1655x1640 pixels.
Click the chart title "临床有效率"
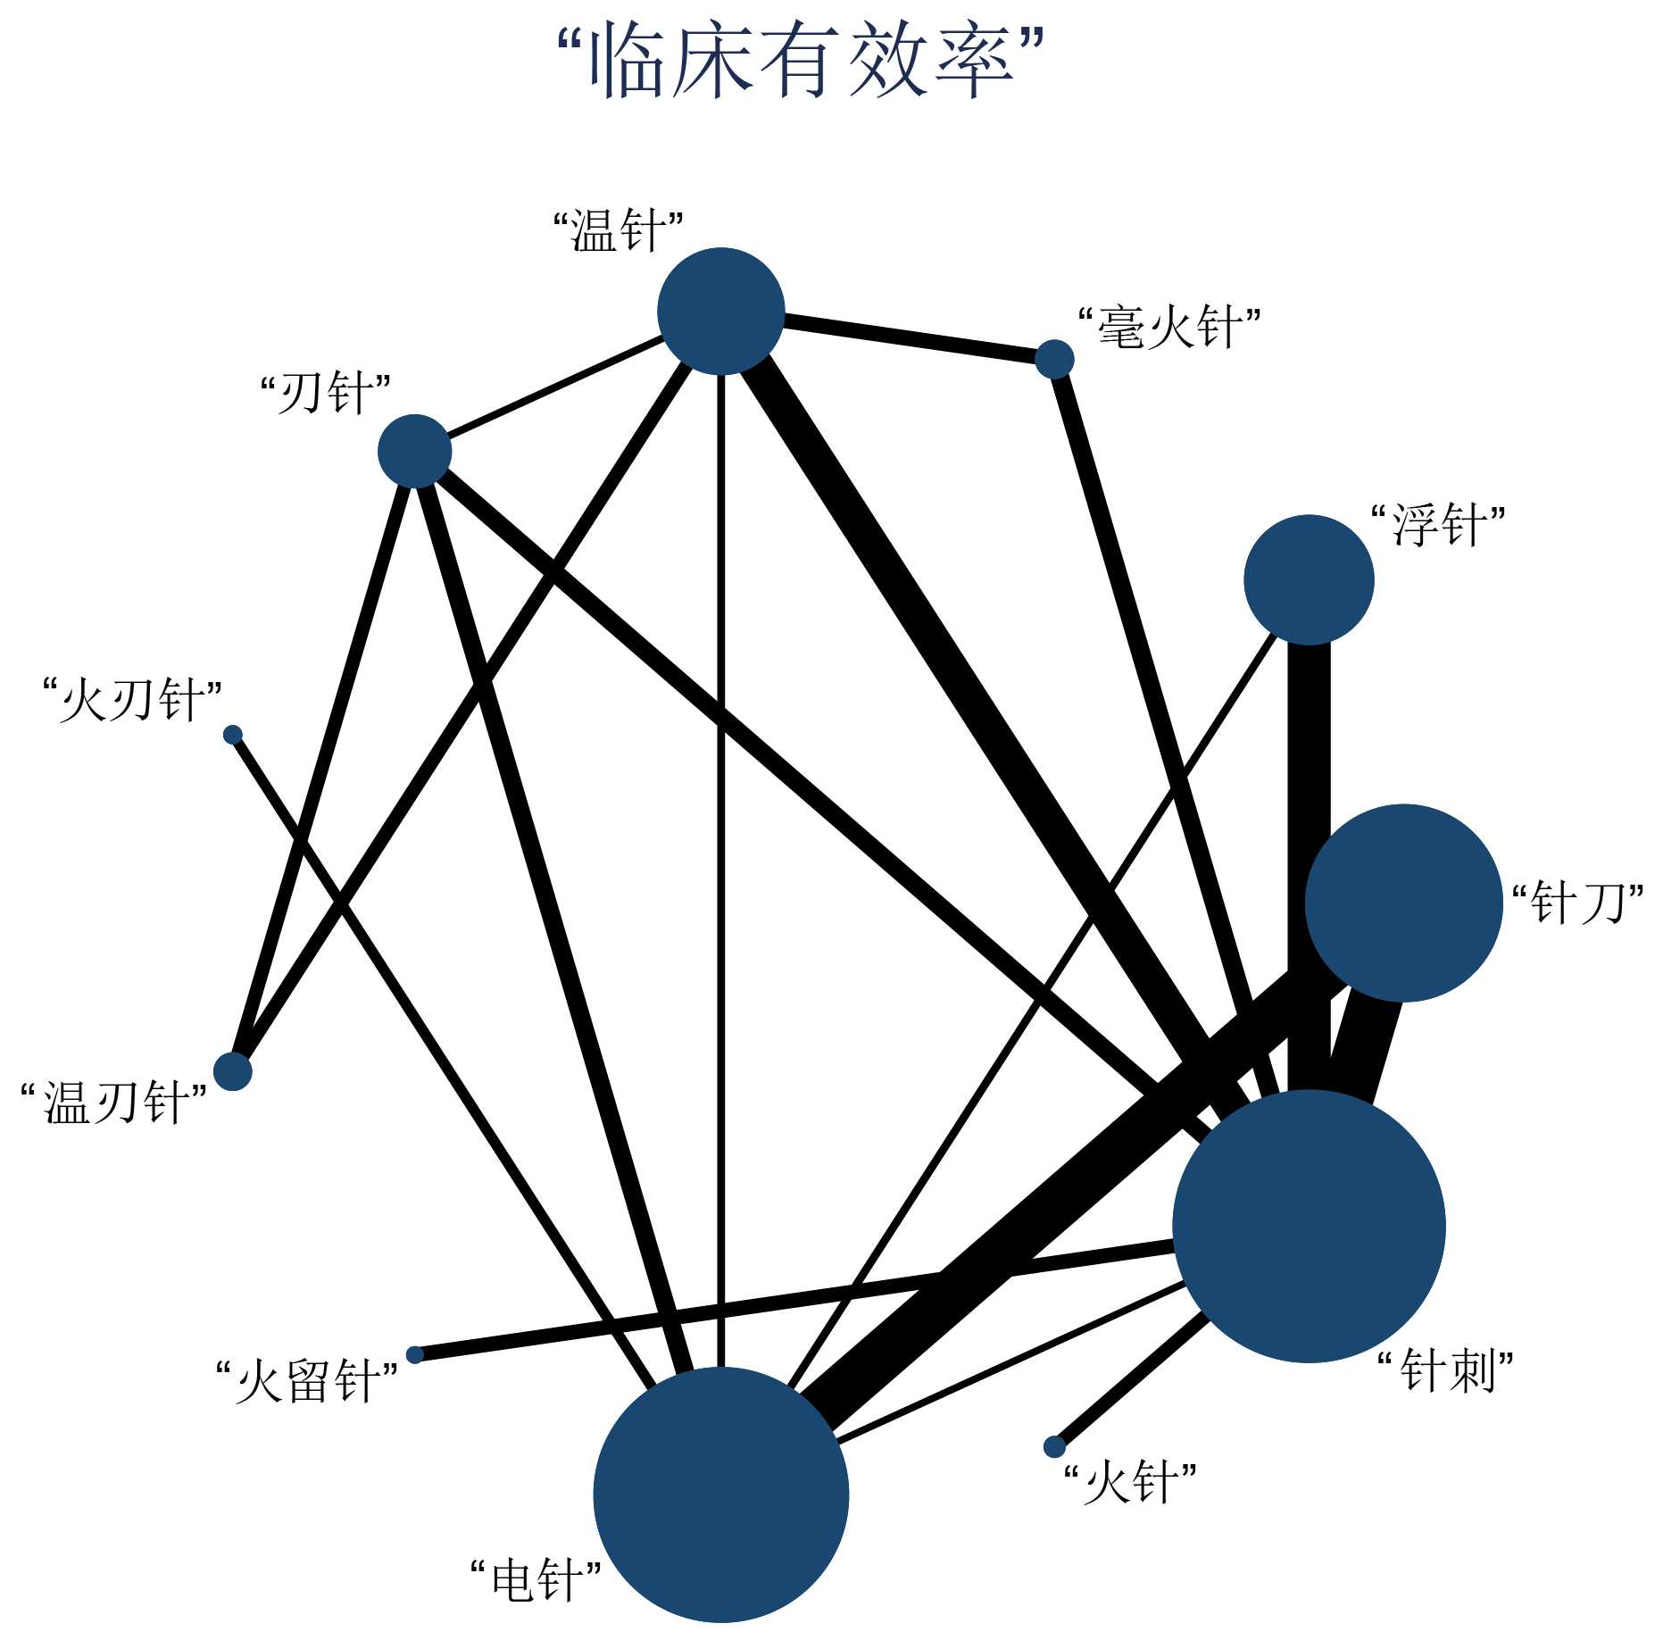pyautogui.click(x=800, y=61)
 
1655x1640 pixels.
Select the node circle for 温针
pyautogui.click(x=720, y=312)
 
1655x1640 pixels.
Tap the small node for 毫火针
pyautogui.click(x=1054, y=359)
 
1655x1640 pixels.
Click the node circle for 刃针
pyautogui.click(x=414, y=451)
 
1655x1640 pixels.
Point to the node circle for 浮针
pyautogui.click(x=1309, y=579)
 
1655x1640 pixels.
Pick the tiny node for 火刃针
pyautogui.click(x=233, y=735)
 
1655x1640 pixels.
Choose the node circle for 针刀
pyautogui.click(x=1404, y=903)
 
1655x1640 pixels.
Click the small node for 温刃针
pyautogui.click(x=233, y=1071)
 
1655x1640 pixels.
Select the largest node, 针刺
pyautogui.click(x=1309, y=1226)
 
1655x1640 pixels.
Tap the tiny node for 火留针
pyautogui.click(x=414, y=1354)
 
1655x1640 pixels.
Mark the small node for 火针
pyautogui.click(x=1054, y=1446)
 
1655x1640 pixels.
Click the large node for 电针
pyautogui.click(x=720, y=1494)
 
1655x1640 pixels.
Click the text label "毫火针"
pyautogui.click(x=1169, y=328)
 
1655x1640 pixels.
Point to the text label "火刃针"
pyautogui.click(x=132, y=700)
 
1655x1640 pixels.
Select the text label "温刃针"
pyautogui.click(x=114, y=1103)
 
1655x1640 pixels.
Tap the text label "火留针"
pyautogui.click(x=306, y=1382)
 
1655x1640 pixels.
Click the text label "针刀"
pyautogui.click(x=1577, y=903)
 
